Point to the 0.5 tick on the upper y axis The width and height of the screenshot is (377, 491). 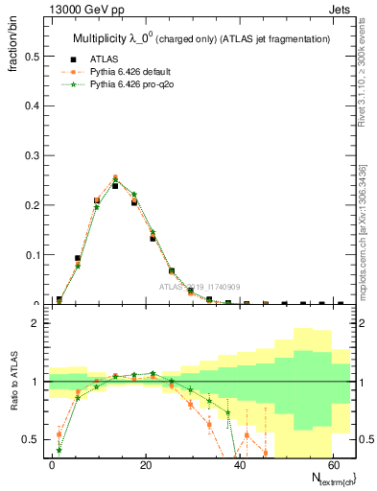point(29,57)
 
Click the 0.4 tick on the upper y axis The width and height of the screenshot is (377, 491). point(29,106)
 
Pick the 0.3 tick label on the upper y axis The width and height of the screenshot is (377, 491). point(29,155)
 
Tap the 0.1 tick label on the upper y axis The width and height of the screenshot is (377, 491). point(29,255)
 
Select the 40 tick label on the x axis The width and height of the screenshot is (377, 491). point(239,464)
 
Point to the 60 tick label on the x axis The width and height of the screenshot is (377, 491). point(332,464)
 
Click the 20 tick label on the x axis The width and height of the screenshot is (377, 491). point(145,464)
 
